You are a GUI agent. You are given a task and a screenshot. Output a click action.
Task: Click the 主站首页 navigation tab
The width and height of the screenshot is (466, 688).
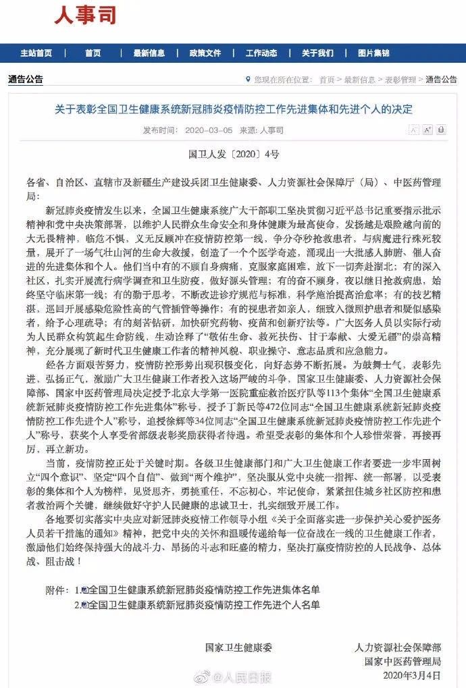[x=36, y=53]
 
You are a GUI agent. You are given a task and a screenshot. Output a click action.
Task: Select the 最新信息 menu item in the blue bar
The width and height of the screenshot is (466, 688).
[x=148, y=53]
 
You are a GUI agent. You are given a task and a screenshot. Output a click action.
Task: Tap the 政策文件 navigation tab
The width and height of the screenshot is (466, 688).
[x=205, y=53]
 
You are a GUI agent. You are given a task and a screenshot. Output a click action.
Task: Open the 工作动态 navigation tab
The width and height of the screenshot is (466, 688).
[x=261, y=53]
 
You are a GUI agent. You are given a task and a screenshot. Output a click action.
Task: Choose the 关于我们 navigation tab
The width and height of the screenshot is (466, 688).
[x=317, y=53]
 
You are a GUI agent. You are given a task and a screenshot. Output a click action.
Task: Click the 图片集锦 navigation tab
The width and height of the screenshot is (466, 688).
[x=373, y=53]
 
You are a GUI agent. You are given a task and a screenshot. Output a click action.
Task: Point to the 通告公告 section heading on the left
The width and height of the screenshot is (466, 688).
[x=26, y=80]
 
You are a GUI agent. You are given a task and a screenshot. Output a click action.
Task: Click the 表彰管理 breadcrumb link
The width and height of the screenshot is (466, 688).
[x=400, y=80]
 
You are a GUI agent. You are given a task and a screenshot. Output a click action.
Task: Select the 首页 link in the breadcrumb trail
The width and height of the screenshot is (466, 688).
[x=327, y=80]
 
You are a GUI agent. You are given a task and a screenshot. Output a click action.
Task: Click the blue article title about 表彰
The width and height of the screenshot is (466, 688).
[x=233, y=109]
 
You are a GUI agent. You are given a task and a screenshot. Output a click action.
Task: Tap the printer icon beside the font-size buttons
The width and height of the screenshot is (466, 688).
[x=441, y=129]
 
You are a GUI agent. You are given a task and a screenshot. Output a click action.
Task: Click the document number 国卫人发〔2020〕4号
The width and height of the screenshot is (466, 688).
[x=233, y=154]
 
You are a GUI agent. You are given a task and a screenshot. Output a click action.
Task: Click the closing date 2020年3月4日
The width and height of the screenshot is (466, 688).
[x=411, y=673]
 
